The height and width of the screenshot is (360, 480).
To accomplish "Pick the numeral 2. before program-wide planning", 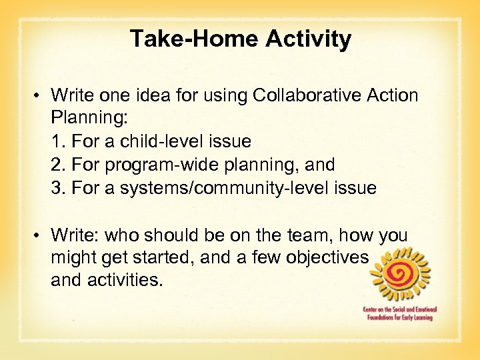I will [x=57, y=165].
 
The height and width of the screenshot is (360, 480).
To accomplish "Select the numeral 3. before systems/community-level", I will [x=57, y=188].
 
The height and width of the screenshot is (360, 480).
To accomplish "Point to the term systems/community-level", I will [x=225, y=188].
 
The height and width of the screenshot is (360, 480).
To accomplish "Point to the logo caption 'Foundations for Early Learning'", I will [x=399, y=317].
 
